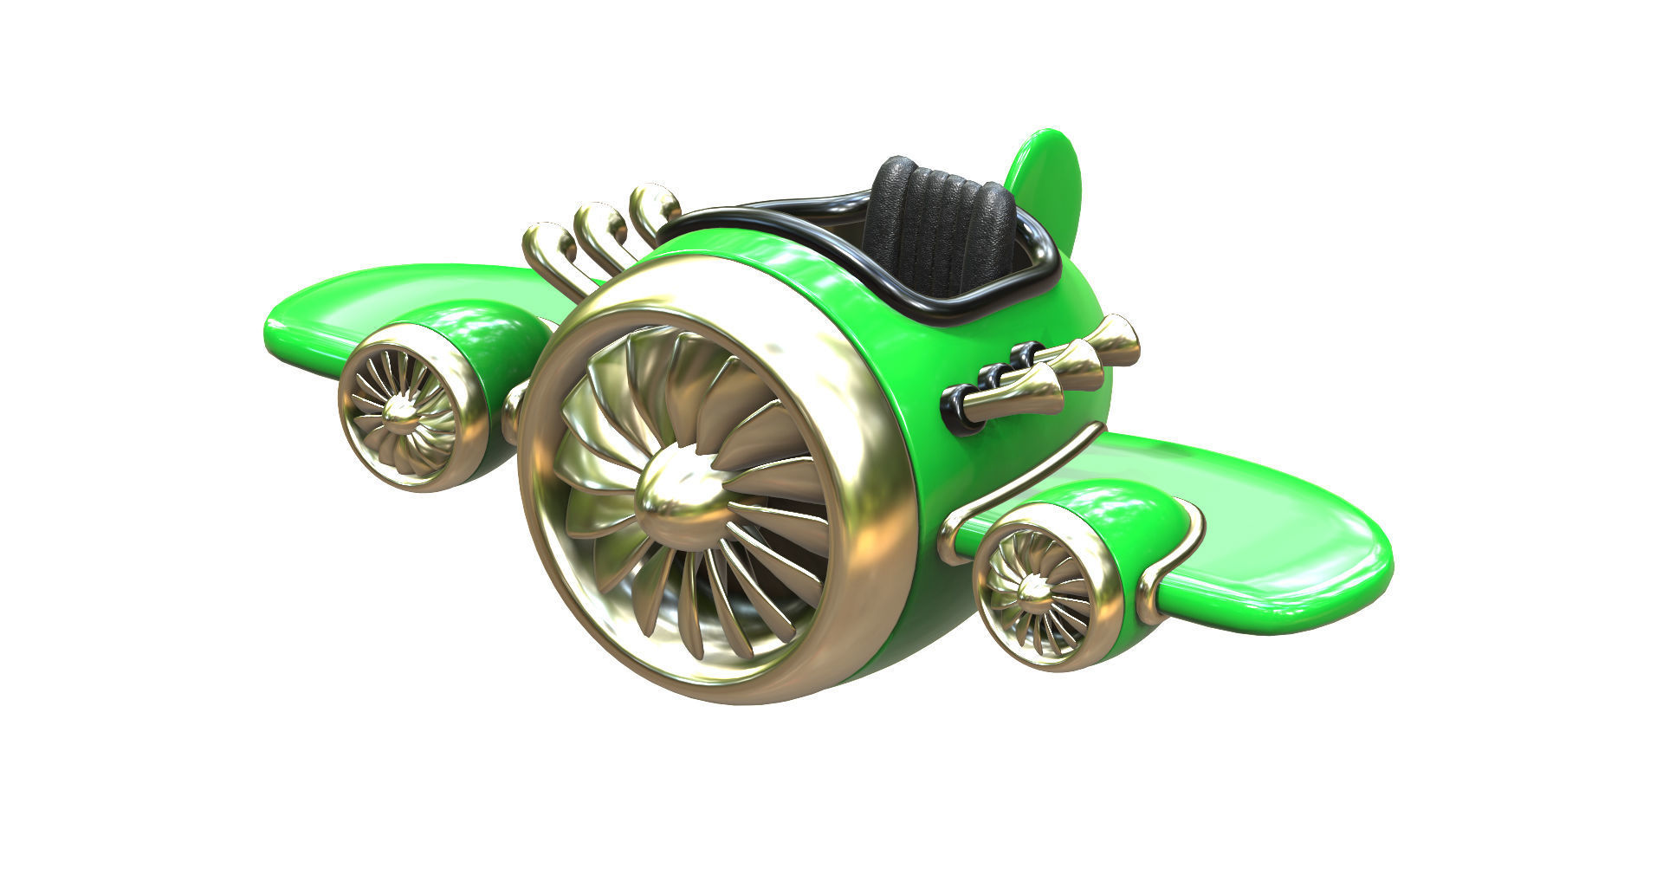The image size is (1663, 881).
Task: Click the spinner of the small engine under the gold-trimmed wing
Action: [1032, 590]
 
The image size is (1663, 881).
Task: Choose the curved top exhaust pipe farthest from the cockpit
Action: [546, 243]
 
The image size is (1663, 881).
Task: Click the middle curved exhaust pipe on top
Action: [598, 223]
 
